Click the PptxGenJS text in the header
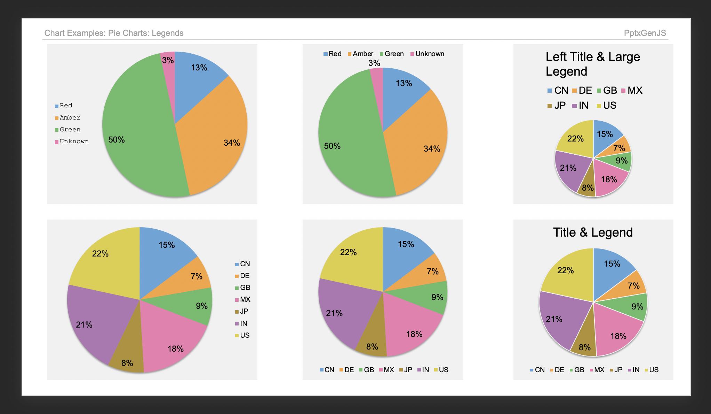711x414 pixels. tap(645, 33)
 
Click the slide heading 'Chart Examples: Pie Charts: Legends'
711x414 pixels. tap(114, 33)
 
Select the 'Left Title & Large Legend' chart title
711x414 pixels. tap(592, 64)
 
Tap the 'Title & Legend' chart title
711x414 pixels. tap(593, 232)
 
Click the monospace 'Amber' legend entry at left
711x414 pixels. tap(70, 118)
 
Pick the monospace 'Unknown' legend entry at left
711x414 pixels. tap(74, 141)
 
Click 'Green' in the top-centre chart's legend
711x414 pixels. tap(393, 54)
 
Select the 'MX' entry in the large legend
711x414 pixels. tap(634, 91)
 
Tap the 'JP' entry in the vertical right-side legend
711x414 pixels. tap(244, 312)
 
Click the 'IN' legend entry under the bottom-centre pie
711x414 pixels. tap(425, 370)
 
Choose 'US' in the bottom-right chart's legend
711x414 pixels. tap(653, 370)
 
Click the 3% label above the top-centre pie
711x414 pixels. tap(374, 63)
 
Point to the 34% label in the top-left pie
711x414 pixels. tap(232, 143)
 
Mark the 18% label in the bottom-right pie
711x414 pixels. tap(618, 336)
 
